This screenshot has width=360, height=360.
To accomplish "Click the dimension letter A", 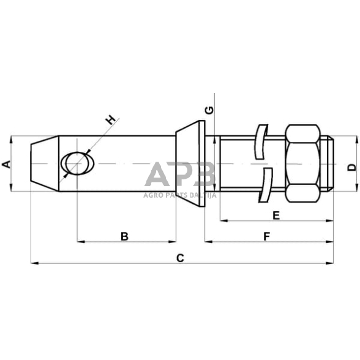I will (x=6, y=164).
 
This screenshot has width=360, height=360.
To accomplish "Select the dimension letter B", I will (x=124, y=236).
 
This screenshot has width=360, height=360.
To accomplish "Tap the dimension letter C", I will (x=180, y=258).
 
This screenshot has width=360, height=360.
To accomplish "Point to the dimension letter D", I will (x=351, y=167).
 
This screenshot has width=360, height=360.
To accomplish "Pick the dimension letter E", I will (x=276, y=215).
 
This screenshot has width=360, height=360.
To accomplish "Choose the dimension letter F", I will (x=266, y=236).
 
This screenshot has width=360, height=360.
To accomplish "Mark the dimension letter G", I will (x=209, y=110).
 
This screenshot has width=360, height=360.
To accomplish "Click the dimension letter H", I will (x=110, y=120).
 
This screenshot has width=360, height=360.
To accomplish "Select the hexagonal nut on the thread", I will (x=302, y=164).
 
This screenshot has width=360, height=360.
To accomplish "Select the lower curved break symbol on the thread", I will (x=265, y=186).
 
